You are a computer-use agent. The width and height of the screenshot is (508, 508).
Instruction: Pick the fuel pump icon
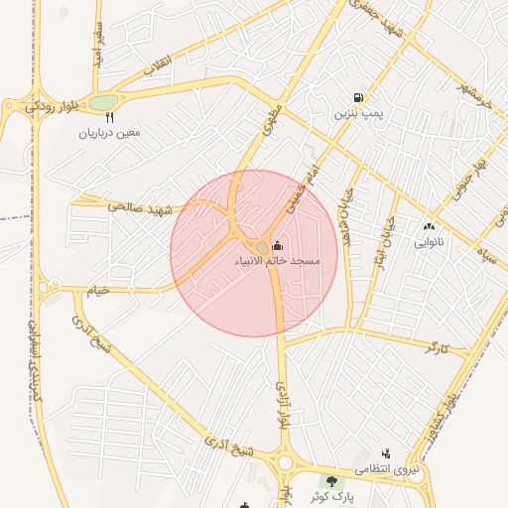click(356, 98)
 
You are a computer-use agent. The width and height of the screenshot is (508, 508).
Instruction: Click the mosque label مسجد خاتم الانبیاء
click(277, 261)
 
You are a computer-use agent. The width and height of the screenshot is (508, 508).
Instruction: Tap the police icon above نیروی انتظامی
click(386, 453)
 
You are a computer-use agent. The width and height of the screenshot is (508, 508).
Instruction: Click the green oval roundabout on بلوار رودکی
click(102, 102)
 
